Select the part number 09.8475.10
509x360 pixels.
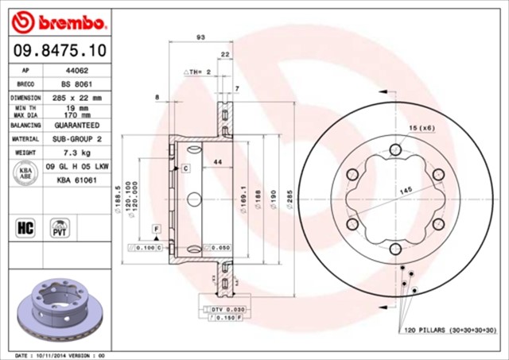55,50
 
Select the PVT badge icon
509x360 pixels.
59,228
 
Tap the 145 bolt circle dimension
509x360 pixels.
406,191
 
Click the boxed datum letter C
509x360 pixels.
185,168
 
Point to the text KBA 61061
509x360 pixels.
76,180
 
